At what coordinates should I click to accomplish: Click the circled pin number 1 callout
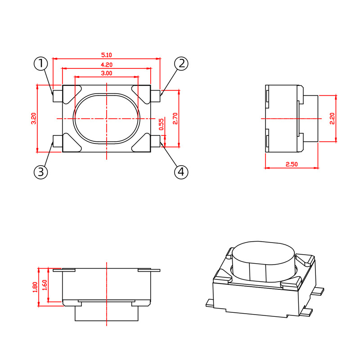tap(41, 63)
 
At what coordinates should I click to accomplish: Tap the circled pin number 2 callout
tap(181, 63)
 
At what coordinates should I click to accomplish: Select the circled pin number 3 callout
tap(41, 172)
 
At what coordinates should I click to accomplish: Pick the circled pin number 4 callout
tap(181, 172)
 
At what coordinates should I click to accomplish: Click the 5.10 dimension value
tap(107, 55)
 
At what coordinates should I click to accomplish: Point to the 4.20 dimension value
tap(107, 65)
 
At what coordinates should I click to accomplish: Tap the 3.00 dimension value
tap(107, 73)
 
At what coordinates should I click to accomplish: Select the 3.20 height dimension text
tap(33, 118)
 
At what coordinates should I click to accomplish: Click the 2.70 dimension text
tap(175, 118)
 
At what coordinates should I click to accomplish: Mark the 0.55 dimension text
tap(162, 124)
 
